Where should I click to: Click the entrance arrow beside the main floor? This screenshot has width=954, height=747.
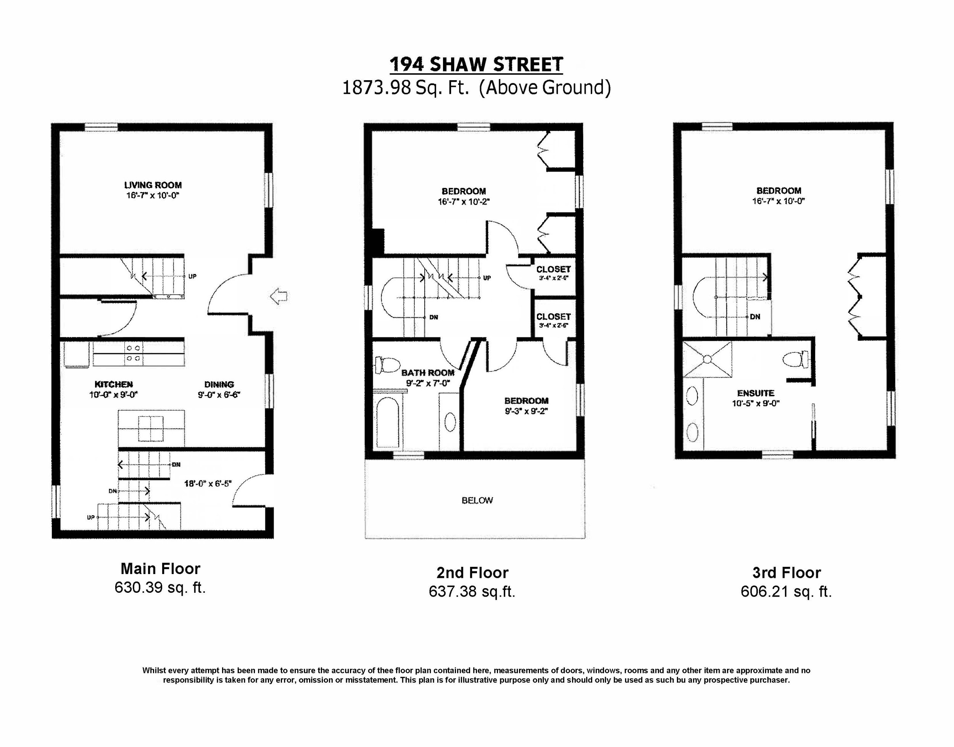279,297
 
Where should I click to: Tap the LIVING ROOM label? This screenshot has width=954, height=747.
153,186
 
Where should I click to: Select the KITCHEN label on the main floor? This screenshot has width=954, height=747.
114,384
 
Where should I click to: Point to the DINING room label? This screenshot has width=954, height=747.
219,384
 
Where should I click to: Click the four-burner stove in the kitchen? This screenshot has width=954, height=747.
133,353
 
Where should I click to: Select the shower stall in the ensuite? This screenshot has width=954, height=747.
707,360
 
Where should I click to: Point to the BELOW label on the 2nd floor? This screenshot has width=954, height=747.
477,500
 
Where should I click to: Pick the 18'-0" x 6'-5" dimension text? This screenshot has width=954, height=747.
208,483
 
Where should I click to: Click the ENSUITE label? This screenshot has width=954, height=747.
756,393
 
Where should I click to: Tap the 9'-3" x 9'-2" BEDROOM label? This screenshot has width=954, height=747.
526,401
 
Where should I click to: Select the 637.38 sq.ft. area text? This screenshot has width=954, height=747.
472,591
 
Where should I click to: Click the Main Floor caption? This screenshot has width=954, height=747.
160,569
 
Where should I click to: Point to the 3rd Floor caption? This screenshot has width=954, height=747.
786,573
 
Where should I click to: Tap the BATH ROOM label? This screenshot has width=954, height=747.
428,373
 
